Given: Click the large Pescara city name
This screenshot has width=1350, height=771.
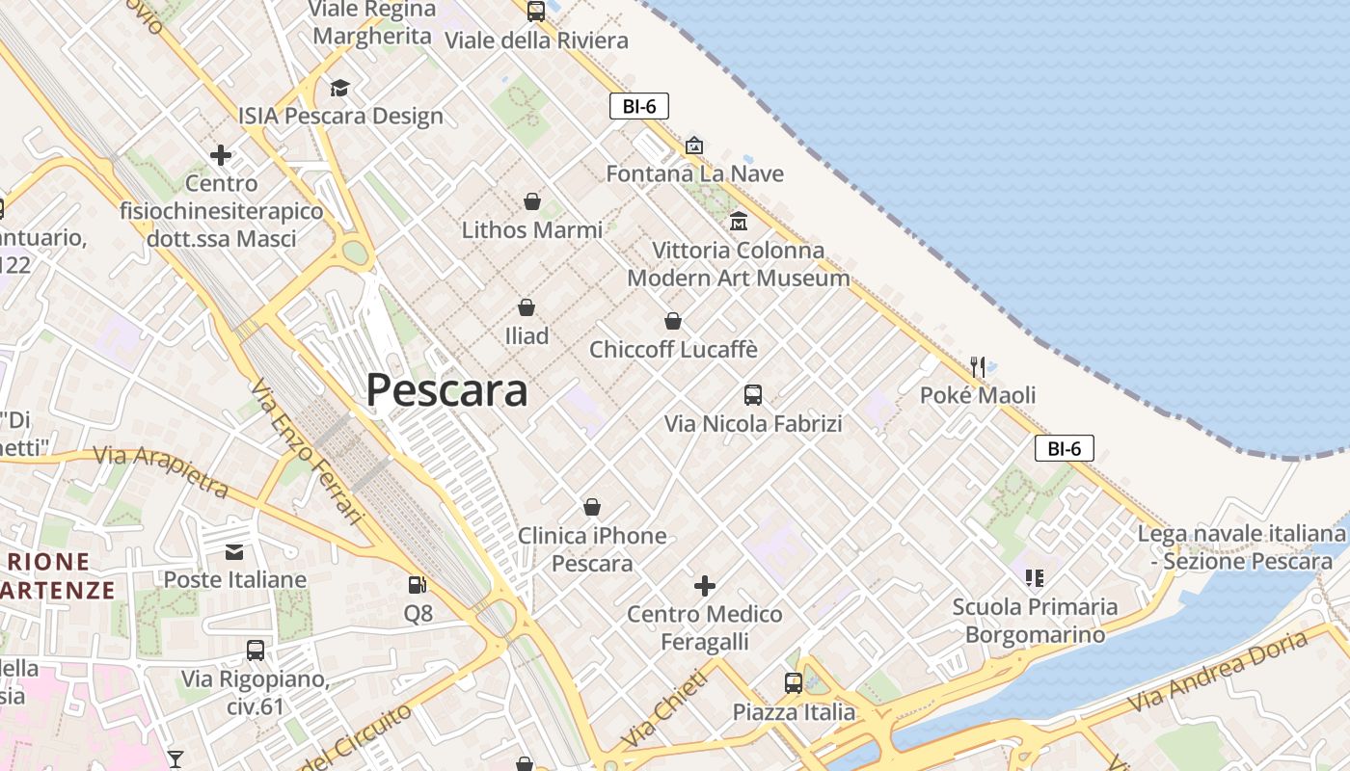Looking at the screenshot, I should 446,390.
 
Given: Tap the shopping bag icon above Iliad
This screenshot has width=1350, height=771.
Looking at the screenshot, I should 526,307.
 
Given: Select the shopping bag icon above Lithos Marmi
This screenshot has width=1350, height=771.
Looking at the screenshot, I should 531,201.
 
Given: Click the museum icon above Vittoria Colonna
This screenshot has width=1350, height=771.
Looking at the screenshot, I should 739,221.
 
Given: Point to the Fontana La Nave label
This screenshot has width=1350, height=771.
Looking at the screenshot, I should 694,173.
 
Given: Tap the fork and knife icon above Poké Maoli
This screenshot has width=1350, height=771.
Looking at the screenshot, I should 978,366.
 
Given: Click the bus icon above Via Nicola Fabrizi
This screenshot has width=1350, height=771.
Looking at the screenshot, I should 753,394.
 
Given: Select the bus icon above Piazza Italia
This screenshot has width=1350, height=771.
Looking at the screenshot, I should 794,683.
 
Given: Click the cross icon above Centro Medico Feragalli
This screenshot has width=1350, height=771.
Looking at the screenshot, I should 705,585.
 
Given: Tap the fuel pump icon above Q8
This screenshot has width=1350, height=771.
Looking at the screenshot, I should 418,584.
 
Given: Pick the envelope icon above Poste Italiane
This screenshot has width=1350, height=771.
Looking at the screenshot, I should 234,551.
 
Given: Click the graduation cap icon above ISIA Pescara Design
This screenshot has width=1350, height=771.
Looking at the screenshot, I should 339,88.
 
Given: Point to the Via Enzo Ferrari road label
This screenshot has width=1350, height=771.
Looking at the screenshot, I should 307,453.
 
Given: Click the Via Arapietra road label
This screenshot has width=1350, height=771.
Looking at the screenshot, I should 161,471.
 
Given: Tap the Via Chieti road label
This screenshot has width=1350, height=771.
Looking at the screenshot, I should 664,708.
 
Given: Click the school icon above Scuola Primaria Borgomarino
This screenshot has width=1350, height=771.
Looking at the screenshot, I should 1035,578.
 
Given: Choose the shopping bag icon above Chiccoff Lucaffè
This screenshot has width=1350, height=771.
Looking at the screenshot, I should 673,321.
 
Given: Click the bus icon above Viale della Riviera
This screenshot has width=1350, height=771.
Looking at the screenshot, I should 536,12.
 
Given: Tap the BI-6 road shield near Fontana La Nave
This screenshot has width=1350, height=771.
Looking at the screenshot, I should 639,106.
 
